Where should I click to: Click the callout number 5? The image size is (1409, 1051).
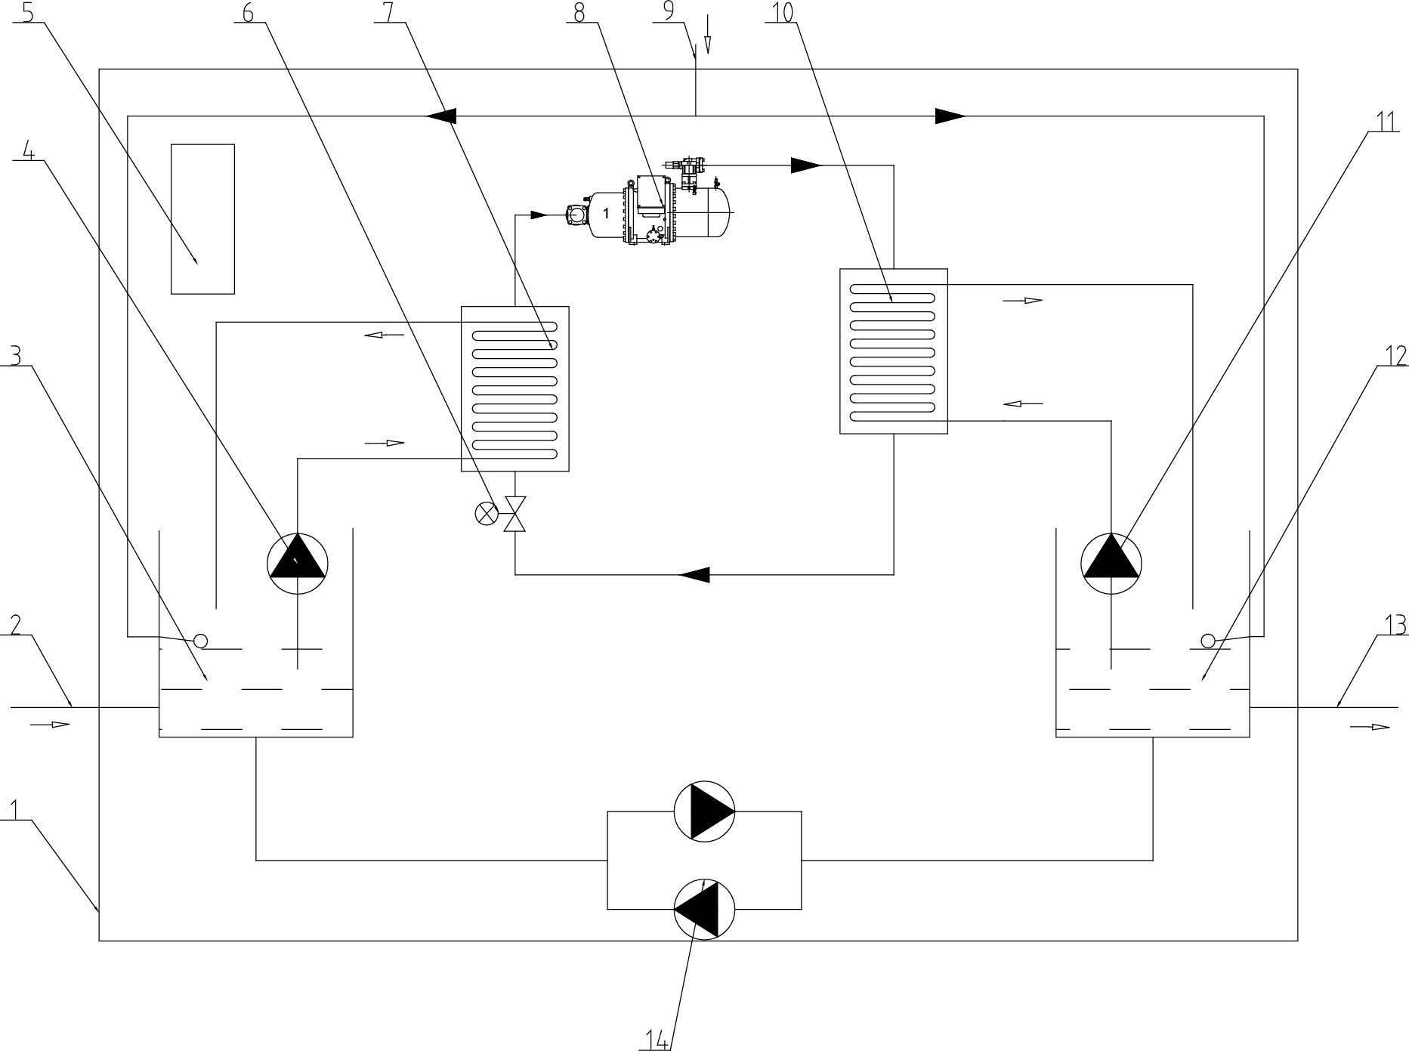click(29, 13)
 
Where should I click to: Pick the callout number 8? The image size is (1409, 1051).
click(579, 13)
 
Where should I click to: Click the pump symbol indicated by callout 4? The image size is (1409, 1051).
click(298, 563)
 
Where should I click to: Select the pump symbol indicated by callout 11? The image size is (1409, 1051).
click(1111, 563)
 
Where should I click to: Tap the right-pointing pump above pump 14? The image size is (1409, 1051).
click(703, 811)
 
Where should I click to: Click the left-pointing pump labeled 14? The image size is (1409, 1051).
click(703, 908)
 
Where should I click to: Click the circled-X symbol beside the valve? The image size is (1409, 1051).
click(486, 514)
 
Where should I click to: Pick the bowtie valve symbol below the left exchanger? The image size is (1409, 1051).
click(515, 514)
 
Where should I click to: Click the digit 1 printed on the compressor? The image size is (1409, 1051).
click(606, 215)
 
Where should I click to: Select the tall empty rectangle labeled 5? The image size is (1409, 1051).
click(202, 219)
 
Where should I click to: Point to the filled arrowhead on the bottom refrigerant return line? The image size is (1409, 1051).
click(694, 575)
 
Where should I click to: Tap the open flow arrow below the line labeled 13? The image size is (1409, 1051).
click(1370, 727)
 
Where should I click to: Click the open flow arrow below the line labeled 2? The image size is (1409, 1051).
click(50, 725)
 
